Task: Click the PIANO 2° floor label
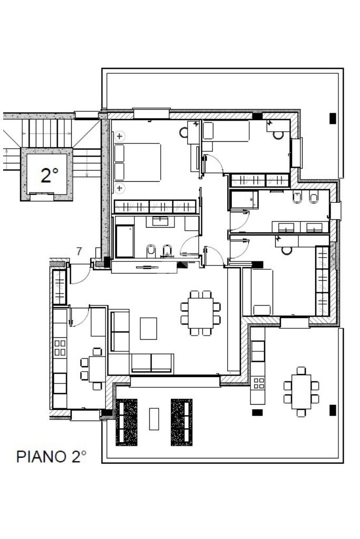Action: click(51, 456)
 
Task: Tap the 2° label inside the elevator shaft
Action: click(49, 175)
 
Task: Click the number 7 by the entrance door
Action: click(79, 252)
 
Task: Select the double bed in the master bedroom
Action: click(138, 162)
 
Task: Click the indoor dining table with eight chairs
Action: click(201, 313)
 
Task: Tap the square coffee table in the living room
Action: click(148, 328)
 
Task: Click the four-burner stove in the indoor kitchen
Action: click(60, 347)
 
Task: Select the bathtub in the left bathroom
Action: click(124, 242)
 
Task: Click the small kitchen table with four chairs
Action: click(96, 368)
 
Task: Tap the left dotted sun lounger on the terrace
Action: click(127, 422)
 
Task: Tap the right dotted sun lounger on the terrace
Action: click(181, 422)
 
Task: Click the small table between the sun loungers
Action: click(154, 419)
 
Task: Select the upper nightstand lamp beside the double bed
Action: click(120, 136)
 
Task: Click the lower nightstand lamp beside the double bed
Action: click(120, 188)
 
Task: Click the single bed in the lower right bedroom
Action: click(261, 292)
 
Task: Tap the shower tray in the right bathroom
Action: click(244, 200)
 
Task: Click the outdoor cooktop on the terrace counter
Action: click(258, 383)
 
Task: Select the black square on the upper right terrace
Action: click(333, 119)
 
